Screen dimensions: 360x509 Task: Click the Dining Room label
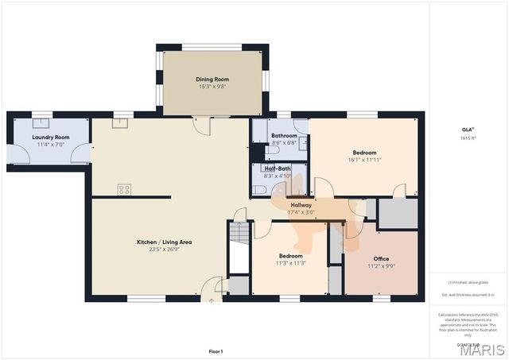pyautogui.click(x=212, y=79)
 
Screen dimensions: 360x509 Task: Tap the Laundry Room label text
pyautogui.click(x=50, y=137)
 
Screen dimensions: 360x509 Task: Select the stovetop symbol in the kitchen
pyautogui.click(x=124, y=189)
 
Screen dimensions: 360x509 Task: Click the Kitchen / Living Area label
pyautogui.click(x=164, y=242)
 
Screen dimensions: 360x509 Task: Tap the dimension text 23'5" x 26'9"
pyautogui.click(x=164, y=250)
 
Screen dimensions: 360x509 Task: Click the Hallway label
pyautogui.click(x=301, y=205)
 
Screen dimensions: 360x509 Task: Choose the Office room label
pyautogui.click(x=381, y=259)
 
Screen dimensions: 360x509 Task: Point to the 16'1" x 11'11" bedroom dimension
pyautogui.click(x=365, y=160)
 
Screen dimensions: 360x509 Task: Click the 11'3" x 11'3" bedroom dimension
pyautogui.click(x=290, y=263)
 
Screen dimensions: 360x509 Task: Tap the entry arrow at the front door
pyautogui.click(x=211, y=300)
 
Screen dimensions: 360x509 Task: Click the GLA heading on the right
pyautogui.click(x=468, y=130)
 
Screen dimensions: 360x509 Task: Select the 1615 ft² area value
pyautogui.click(x=468, y=138)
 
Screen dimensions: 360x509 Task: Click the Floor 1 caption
pyautogui.click(x=216, y=350)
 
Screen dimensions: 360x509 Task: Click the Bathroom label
pyautogui.click(x=284, y=136)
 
